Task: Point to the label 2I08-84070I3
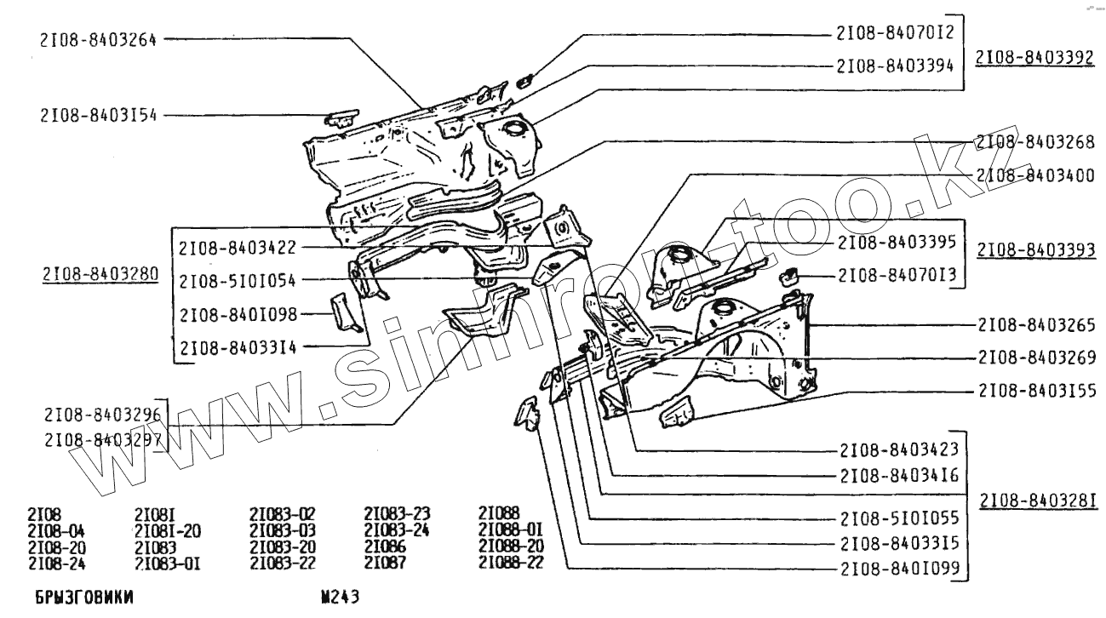(x=897, y=276)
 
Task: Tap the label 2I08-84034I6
(x=897, y=476)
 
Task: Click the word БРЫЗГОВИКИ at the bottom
(x=84, y=598)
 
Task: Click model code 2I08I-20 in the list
(x=168, y=530)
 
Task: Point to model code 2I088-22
(x=511, y=563)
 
